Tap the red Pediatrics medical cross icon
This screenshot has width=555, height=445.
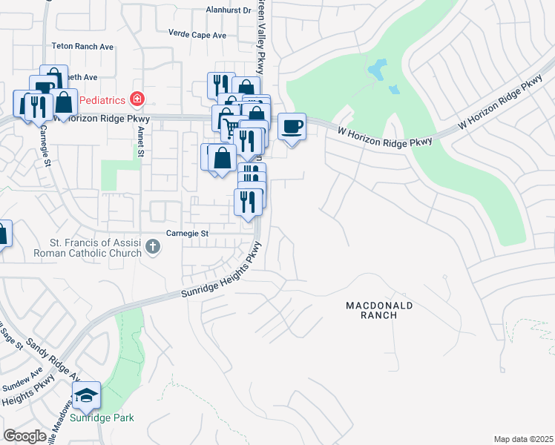pyautogui.click(x=136, y=99)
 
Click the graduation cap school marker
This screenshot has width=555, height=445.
pyautogui.click(x=88, y=397)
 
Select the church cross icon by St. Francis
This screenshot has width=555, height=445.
pyautogui.click(x=152, y=245)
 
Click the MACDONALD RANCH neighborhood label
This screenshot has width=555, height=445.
pyautogui.click(x=379, y=310)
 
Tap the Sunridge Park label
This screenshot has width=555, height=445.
pyautogui.click(x=102, y=418)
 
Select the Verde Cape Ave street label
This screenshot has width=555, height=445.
pyautogui.click(x=197, y=35)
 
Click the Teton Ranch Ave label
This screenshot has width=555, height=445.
pyautogui.click(x=82, y=46)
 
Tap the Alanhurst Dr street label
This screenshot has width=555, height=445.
pyautogui.click(x=229, y=10)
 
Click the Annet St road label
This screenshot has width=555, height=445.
pyautogui.click(x=138, y=142)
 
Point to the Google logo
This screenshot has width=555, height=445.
pyautogui.click(x=24, y=435)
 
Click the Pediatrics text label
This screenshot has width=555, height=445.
pyautogui.click(x=102, y=99)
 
